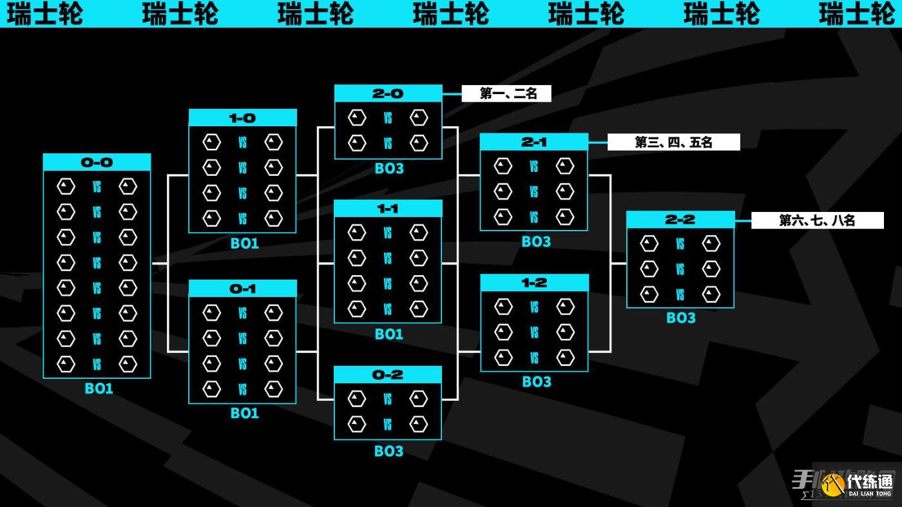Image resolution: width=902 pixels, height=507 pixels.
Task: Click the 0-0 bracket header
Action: pos(97,162)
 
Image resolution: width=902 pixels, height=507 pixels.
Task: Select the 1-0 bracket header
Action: pos(242,118)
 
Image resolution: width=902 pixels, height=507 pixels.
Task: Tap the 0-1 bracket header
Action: pos(242,289)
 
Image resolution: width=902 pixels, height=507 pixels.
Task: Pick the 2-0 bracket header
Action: pos(388,93)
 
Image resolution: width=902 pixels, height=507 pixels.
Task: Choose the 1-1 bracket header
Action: pos(388,209)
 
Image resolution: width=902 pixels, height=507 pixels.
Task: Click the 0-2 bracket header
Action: pos(388,375)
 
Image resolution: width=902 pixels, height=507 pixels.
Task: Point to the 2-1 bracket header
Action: pos(533,142)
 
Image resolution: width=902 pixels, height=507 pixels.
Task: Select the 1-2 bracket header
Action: pos(534,283)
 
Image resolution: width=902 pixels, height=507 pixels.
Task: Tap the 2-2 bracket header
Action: pos(680,220)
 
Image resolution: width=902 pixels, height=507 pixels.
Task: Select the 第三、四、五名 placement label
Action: pos(673,142)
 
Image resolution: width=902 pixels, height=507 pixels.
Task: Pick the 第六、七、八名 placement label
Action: pos(817,220)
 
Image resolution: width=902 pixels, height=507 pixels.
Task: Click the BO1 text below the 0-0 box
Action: pos(99,388)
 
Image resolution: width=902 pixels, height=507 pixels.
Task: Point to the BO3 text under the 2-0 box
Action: pos(389,169)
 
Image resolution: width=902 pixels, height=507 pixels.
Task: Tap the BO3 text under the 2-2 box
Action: pos(681,318)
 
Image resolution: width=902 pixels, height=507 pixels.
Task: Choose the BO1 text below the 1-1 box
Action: pos(389,334)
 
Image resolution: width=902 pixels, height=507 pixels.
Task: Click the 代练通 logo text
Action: pos(870,481)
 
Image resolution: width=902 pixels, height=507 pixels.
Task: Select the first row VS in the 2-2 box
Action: pos(680,244)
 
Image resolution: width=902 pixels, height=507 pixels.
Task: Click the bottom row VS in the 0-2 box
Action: pos(388,425)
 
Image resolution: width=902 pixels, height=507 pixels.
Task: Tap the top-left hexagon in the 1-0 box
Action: pos(211,142)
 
